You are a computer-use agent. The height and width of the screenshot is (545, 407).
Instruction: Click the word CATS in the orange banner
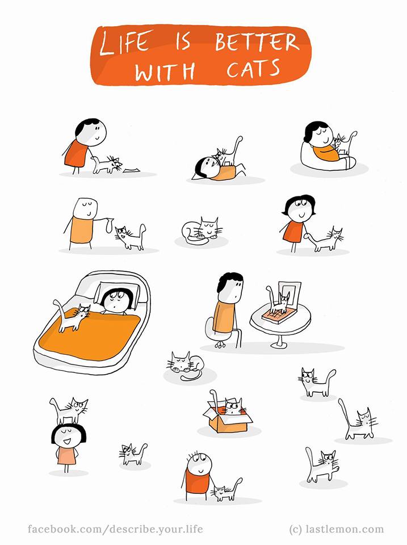(253, 69)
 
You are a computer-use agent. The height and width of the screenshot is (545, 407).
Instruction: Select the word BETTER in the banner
(257, 42)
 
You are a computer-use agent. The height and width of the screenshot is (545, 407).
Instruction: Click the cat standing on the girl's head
(69, 410)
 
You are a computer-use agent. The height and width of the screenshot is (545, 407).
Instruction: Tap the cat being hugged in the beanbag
(343, 142)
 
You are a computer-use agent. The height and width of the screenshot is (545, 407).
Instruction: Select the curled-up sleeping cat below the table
(185, 366)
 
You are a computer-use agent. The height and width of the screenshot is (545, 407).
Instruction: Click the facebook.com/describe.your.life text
(115, 529)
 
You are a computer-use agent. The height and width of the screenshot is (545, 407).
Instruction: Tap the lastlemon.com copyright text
(337, 529)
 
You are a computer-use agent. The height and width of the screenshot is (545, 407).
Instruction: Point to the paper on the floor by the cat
(131, 170)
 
